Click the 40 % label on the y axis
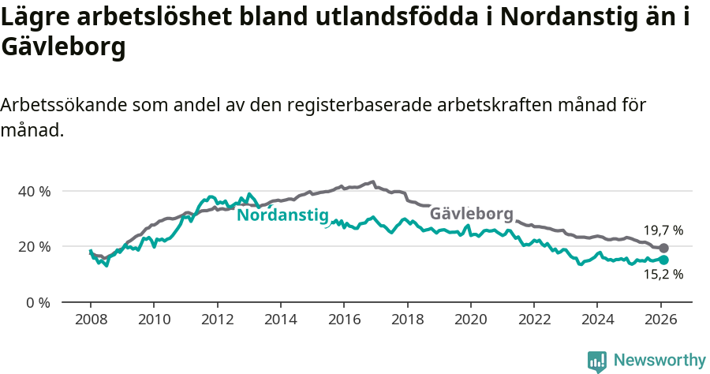coord(34,191)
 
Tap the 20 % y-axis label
coord(34,246)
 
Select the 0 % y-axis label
coord(37,301)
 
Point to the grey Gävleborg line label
coord(471,214)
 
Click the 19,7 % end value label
coord(663,230)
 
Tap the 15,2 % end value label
coord(663,275)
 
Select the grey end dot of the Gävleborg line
coord(663,249)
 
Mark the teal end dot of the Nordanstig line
coord(663,260)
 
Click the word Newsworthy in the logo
coord(660,361)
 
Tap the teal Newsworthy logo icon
coord(597,361)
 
